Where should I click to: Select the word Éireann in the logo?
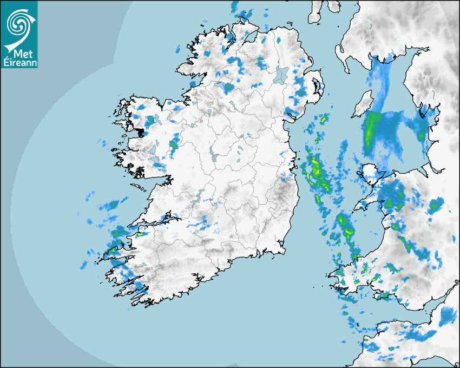19,63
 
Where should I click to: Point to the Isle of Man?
362,106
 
